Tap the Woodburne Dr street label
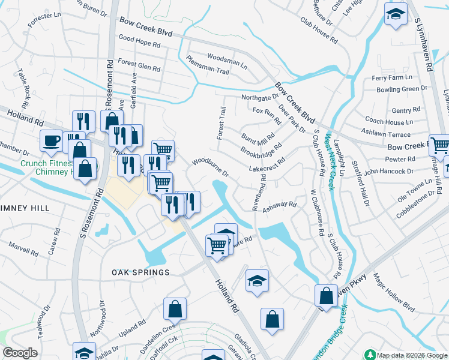click(x=211, y=167)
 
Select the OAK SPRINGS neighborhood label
click(x=140, y=272)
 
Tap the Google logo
click(x=20, y=353)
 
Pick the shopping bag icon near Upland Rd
click(x=175, y=310)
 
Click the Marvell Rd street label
click(x=23, y=247)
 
